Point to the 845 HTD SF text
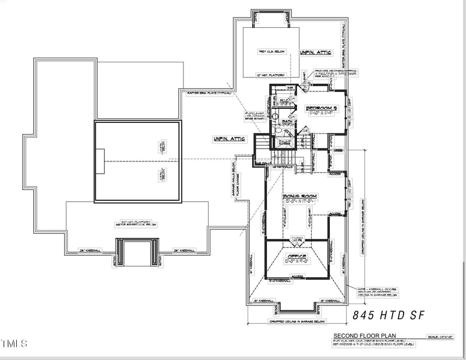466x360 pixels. coord(389,315)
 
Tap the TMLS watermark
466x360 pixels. coord(14,344)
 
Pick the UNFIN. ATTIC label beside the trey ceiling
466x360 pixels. coord(316,52)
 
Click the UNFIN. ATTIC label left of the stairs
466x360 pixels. coord(230,139)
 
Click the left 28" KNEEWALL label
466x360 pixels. coord(90,251)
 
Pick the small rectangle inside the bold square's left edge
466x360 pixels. coord(100,161)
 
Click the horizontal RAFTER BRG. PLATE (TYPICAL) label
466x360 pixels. coord(210,93)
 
